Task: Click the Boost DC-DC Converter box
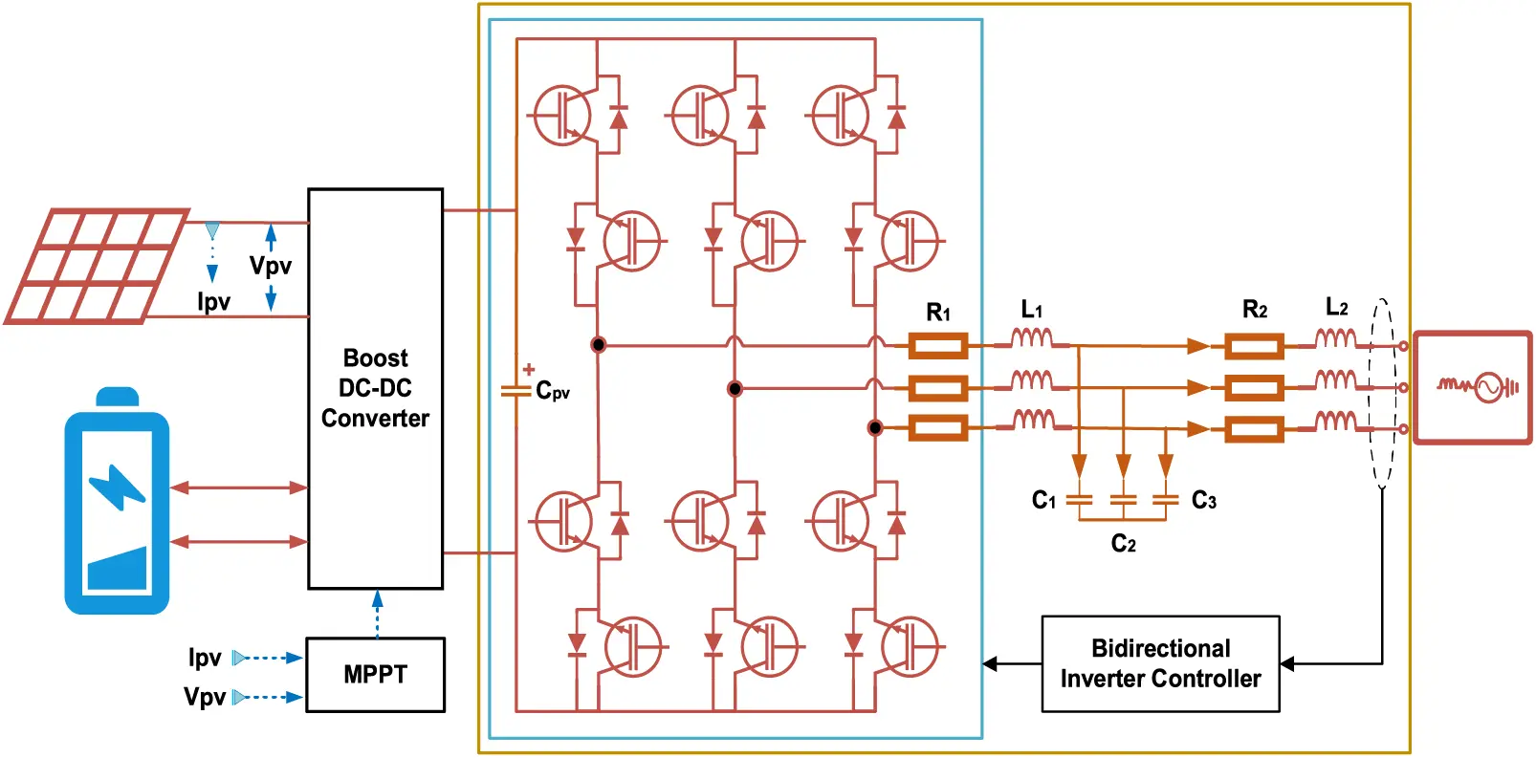point(375,388)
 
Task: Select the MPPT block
point(375,675)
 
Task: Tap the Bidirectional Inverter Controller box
point(1160,664)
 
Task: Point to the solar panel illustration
point(96,267)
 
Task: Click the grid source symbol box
point(1473,387)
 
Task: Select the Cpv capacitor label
point(553,391)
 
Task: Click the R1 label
point(938,313)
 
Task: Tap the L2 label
point(1336,308)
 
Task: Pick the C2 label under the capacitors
point(1123,544)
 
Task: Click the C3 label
point(1203,501)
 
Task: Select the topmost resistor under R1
point(937,346)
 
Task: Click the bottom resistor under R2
point(1254,429)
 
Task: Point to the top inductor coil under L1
point(1032,339)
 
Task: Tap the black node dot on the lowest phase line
point(874,427)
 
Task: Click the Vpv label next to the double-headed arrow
point(270,266)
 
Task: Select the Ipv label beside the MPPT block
point(205,658)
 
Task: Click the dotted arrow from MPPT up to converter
point(377,614)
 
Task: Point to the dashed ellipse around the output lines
point(1382,394)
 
